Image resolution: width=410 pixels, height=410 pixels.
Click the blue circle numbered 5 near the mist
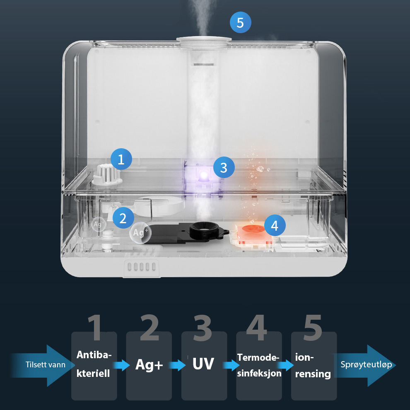[x=240, y=22]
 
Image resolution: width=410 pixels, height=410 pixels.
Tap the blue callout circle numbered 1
[x=121, y=159]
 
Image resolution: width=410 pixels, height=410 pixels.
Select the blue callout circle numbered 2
[x=123, y=218]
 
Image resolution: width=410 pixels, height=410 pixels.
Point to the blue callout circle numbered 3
[x=224, y=167]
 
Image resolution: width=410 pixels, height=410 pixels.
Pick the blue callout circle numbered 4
[x=275, y=225]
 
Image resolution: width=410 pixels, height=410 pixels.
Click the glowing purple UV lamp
[x=204, y=174]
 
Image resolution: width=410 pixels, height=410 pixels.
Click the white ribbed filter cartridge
[x=107, y=175]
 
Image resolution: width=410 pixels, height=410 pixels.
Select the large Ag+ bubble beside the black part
[x=140, y=233]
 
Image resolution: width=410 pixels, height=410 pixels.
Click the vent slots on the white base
[x=141, y=267]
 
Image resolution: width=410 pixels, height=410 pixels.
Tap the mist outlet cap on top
[x=204, y=39]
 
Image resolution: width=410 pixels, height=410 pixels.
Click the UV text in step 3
[x=203, y=364]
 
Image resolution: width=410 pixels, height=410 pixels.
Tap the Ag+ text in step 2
[x=149, y=364]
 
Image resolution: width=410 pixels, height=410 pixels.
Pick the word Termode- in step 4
[x=258, y=357]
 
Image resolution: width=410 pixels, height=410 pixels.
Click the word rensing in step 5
[x=313, y=374]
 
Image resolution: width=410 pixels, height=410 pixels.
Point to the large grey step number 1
[x=95, y=327]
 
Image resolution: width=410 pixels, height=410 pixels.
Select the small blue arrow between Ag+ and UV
[x=177, y=365]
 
